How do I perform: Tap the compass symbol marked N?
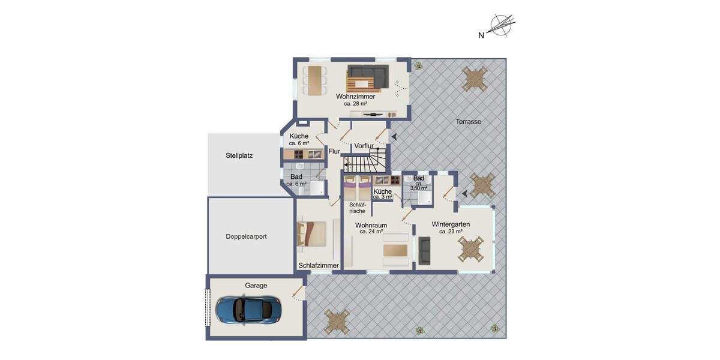[x=502, y=26]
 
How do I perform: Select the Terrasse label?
[x=468, y=121]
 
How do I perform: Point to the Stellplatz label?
[x=239, y=155]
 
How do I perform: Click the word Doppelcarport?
[x=246, y=236]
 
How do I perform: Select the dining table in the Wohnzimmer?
[x=314, y=80]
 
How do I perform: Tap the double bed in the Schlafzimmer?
[x=313, y=234]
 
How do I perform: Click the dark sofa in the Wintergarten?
[x=424, y=250]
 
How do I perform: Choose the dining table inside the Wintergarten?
[x=470, y=248]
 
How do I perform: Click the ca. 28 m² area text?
[x=355, y=104]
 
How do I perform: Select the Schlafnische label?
[x=357, y=208]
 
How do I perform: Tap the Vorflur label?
[x=364, y=146]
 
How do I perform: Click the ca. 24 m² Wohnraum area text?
[x=371, y=232]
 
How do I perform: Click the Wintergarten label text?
[x=450, y=224]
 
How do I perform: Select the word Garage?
[x=256, y=286]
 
